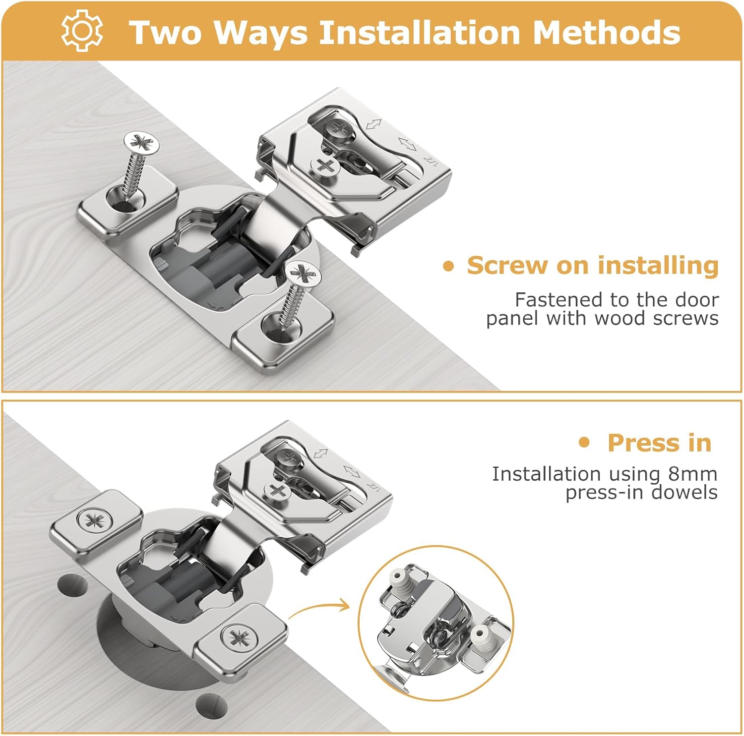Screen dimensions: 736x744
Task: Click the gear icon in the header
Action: (82, 31)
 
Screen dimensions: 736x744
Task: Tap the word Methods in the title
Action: (606, 32)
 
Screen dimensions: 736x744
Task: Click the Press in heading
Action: (659, 443)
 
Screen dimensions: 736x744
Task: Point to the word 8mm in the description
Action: (692, 474)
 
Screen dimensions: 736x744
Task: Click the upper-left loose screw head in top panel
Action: (142, 143)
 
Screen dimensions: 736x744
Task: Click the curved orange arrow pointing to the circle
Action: (320, 609)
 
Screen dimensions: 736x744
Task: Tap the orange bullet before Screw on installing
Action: (448, 266)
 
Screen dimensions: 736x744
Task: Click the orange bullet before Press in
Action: (585, 442)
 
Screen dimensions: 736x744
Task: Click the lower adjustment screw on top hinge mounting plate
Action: (323, 166)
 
